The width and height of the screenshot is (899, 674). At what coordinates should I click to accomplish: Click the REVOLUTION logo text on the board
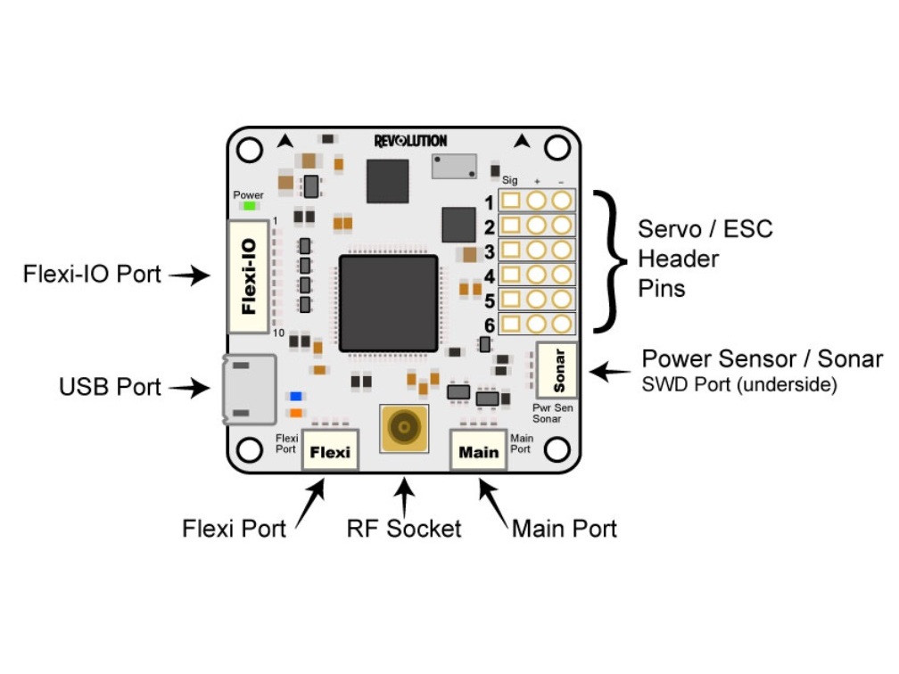[x=410, y=141]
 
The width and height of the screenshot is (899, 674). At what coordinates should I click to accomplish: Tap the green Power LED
[x=249, y=207]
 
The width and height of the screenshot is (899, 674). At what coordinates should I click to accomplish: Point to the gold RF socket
[x=404, y=429]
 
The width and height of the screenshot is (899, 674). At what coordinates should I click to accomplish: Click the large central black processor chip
[x=388, y=303]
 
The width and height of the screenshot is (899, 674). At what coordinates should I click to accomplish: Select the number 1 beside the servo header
[x=490, y=202]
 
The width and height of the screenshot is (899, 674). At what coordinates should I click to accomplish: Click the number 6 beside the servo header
[x=490, y=325]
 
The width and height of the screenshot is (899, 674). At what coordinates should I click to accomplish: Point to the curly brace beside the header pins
[x=612, y=261]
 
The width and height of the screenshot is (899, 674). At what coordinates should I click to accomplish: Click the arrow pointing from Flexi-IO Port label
[x=188, y=275]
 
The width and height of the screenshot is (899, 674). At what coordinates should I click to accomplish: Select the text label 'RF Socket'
[x=404, y=529]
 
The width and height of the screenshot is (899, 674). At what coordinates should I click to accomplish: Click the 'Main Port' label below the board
[x=564, y=529]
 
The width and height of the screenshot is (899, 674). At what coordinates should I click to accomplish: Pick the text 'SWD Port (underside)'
[x=739, y=386]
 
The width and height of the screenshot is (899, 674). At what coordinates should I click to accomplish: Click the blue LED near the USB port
[x=294, y=396]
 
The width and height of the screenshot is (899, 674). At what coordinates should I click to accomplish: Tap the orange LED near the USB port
[x=294, y=413]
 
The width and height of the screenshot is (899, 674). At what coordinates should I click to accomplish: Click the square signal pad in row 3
[x=511, y=251]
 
